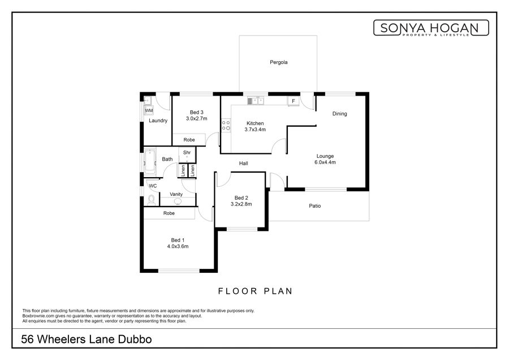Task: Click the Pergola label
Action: coord(278,62)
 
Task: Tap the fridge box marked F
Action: coord(293,101)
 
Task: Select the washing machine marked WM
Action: coord(149,110)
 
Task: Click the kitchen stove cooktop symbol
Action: coord(226,126)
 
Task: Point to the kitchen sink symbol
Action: coord(256,101)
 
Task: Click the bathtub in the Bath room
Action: coord(150,161)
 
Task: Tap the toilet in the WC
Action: coord(151,200)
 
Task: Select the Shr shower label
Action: coord(187,152)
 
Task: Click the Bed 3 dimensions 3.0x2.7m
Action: coord(196,119)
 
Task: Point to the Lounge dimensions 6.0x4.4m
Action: coord(325,162)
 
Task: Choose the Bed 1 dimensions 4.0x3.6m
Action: coord(178,246)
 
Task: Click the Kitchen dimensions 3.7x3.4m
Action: coord(255,129)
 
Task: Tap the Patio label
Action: coord(314,205)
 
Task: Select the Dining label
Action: coord(339,114)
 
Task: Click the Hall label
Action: coord(243,164)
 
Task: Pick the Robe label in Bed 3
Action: coord(189,140)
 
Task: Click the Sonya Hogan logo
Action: coord(431,28)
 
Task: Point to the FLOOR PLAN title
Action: coord(255,291)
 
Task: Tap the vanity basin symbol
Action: coord(178,202)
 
